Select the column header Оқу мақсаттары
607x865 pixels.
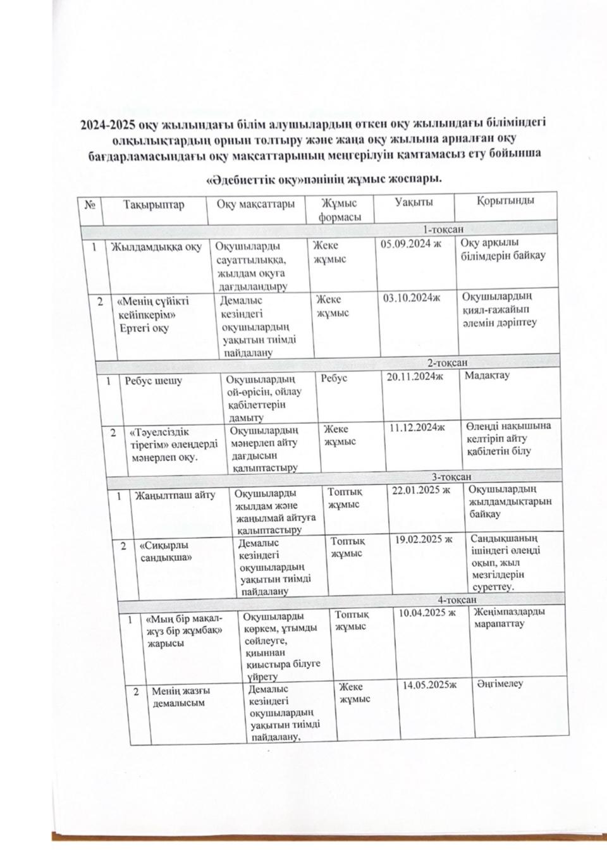[x=255, y=204]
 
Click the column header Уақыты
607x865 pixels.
[x=414, y=202]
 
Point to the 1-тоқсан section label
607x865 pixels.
[x=443, y=229]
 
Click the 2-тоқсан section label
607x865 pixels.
[x=447, y=362]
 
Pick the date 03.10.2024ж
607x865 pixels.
[x=412, y=297]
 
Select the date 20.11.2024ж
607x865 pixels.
[x=415, y=377]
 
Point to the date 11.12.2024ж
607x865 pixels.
[x=417, y=427]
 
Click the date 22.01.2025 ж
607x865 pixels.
[x=421, y=490]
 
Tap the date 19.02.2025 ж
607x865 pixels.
[x=424, y=539]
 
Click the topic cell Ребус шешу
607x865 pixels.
[x=154, y=381]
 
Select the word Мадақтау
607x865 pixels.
[x=487, y=375]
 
